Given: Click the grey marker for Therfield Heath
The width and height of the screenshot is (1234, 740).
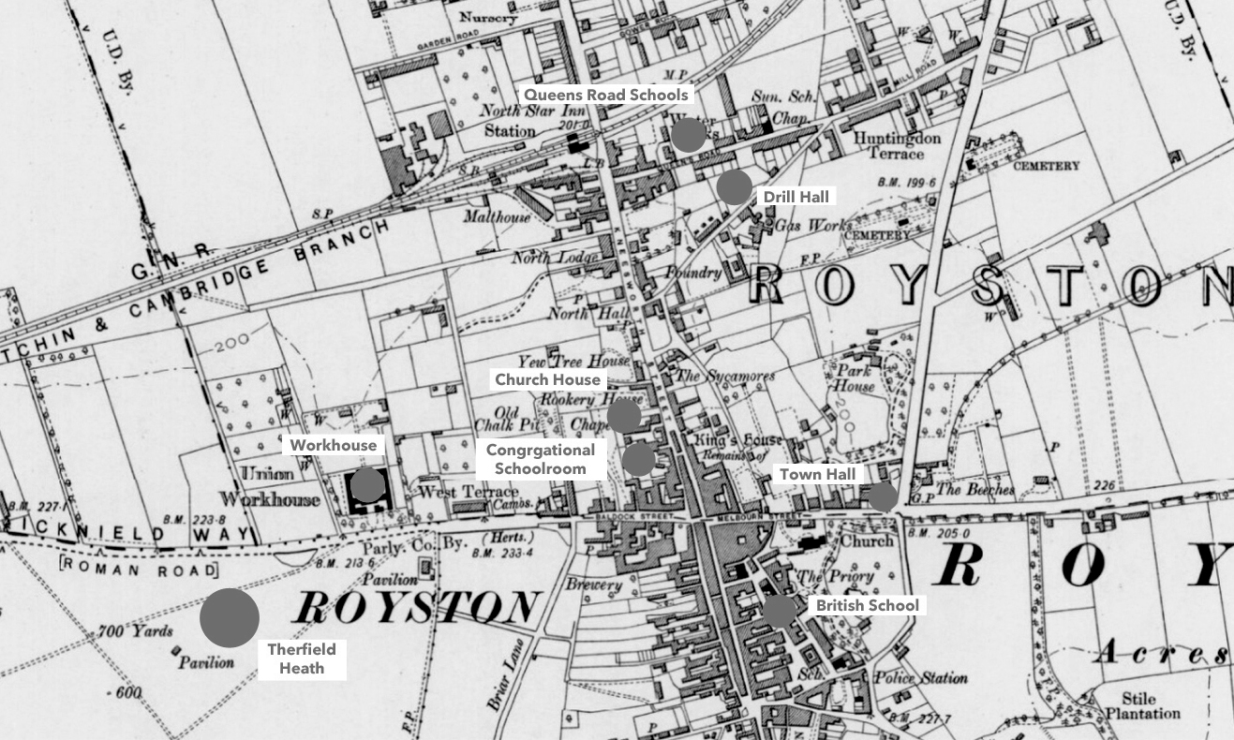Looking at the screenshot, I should [x=230, y=617].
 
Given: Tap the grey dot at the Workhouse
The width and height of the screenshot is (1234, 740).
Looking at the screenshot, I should [x=366, y=484].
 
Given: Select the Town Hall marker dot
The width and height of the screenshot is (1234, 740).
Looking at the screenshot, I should [x=882, y=497].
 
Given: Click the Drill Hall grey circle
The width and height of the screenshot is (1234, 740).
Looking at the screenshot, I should [x=734, y=186].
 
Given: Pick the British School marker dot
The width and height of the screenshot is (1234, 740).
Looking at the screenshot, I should [x=779, y=611].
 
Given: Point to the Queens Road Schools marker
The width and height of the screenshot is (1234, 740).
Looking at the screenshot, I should [x=688, y=135].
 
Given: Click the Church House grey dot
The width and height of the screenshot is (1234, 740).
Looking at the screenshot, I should [x=624, y=415].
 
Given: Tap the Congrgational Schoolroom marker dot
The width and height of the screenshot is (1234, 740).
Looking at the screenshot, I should [x=638, y=459].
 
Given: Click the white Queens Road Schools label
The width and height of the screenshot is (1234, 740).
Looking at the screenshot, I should [x=605, y=95].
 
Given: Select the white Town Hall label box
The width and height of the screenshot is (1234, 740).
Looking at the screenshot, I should [x=818, y=475].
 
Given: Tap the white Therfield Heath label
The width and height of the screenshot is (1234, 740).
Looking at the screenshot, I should [x=302, y=659].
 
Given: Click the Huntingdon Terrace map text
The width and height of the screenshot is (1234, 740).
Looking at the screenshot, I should [x=897, y=145].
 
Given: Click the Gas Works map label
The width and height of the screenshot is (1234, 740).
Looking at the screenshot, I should [x=813, y=226].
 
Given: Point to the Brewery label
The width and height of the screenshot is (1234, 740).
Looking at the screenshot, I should [x=592, y=585].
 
